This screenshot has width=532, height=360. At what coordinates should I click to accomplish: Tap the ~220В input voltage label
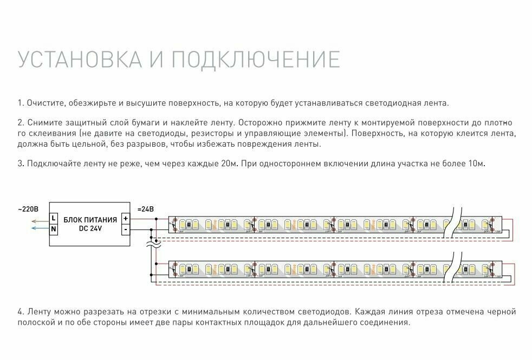tap(28, 209)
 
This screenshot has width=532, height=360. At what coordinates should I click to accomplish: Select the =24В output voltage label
tap(145, 209)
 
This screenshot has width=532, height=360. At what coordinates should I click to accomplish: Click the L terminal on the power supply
tap(54, 219)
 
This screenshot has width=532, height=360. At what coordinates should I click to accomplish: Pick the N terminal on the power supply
tap(54, 229)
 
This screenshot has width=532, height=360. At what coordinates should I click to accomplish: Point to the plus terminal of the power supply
tap(126, 219)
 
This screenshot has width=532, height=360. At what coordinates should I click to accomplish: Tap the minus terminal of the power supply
tap(126, 229)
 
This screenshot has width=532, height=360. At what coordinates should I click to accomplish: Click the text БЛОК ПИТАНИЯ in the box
tap(90, 219)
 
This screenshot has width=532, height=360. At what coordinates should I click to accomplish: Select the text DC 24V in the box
tap(90, 228)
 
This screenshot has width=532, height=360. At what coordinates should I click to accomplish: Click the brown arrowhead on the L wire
tap(34, 220)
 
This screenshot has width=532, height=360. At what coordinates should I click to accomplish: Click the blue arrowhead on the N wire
tap(34, 228)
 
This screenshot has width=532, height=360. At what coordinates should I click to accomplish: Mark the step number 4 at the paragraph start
tap(20, 312)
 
